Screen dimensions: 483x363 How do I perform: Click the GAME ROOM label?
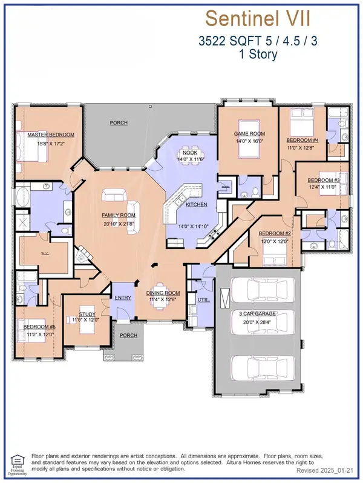coord(250,134)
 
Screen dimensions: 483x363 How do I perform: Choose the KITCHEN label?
coord(197,205)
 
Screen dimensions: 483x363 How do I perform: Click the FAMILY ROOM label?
coord(118,215)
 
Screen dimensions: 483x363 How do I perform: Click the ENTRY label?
coord(123,298)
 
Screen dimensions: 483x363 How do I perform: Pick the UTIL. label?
coord(203,300)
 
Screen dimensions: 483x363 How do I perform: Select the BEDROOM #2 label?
coord(276,233)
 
